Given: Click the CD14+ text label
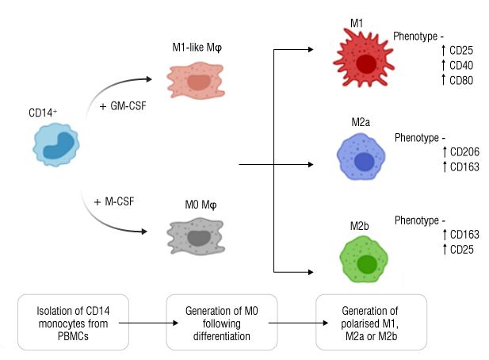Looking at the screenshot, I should click(43, 113).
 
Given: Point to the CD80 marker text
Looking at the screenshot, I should click(460, 79).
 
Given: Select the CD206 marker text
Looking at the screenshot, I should click(463, 151).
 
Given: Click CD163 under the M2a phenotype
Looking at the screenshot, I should click(463, 166).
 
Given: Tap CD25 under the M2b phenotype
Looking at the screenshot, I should click(460, 249).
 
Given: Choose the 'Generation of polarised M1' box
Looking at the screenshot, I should click(370, 323).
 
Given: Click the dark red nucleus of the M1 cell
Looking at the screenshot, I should click(365, 64).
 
